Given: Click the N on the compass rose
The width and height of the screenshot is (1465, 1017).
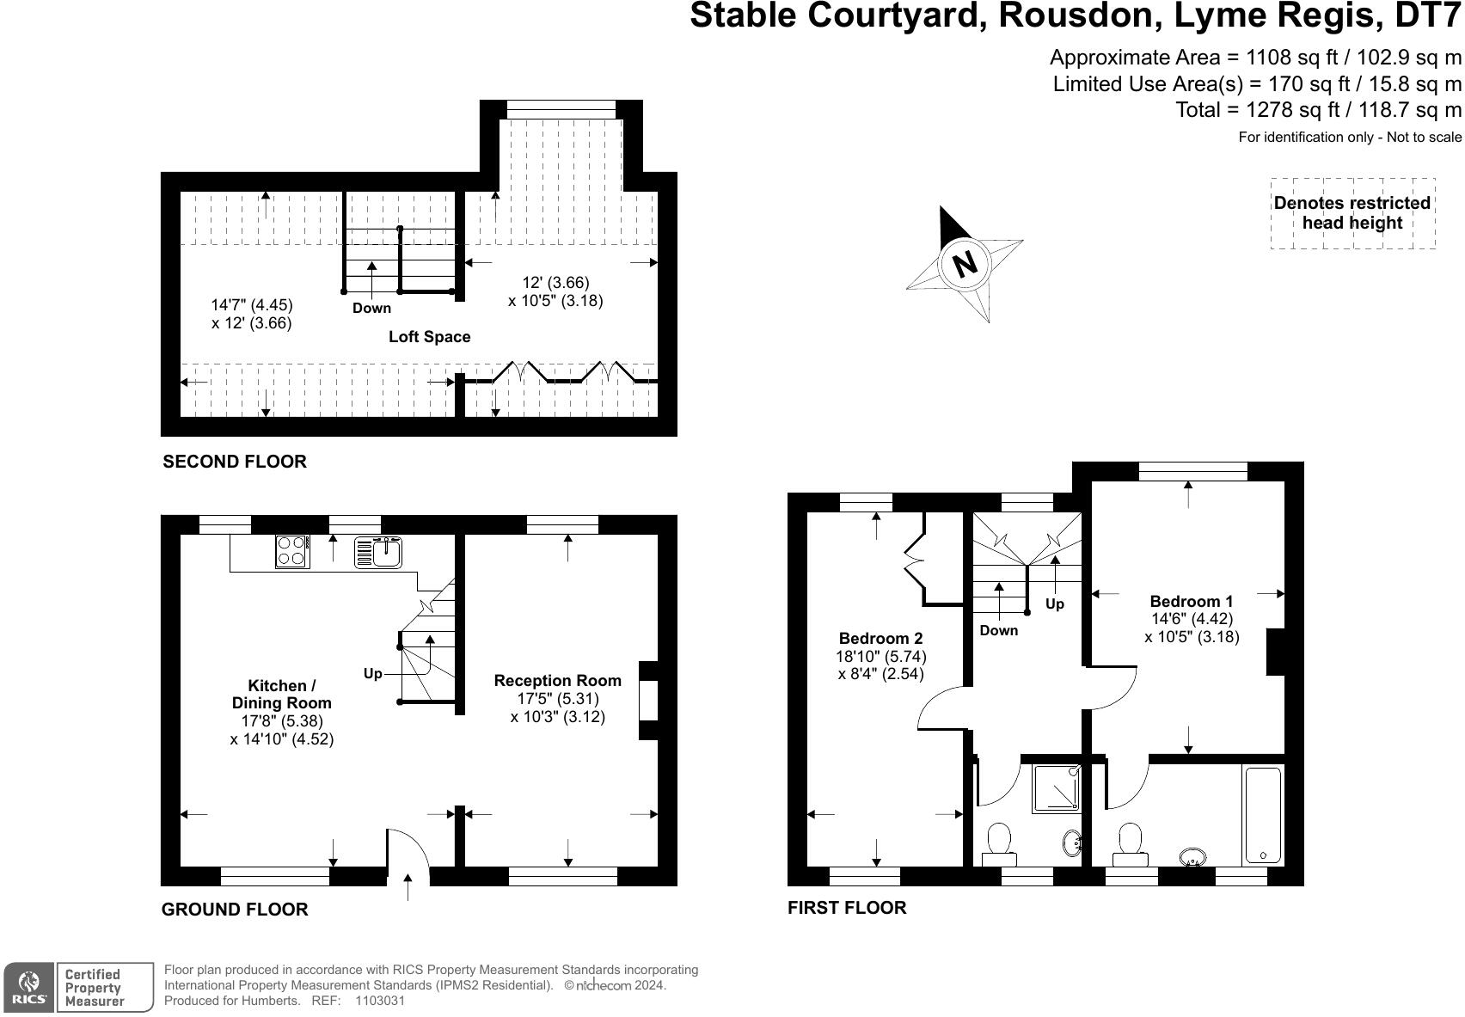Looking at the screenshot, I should [x=965, y=263].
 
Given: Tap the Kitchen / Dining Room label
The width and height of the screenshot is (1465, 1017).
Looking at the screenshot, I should [x=281, y=695].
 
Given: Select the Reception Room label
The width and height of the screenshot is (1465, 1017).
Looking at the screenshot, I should [x=557, y=681].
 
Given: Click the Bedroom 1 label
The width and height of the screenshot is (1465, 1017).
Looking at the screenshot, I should [x=1191, y=602].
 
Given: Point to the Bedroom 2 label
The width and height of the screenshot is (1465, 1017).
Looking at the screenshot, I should [x=880, y=639].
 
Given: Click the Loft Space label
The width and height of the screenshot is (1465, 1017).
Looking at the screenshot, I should [x=429, y=337].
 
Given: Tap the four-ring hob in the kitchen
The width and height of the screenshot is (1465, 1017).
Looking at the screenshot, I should [x=292, y=552].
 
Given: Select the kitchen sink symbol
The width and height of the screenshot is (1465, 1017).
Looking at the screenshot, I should [x=378, y=552].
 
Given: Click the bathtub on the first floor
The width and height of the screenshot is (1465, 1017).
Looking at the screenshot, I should [x=1262, y=815].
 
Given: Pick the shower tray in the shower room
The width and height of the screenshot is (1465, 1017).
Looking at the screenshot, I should [x=1056, y=788].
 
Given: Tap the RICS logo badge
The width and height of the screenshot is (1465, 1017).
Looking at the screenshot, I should [x=29, y=988].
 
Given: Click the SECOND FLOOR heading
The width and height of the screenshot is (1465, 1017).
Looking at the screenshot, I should [x=235, y=462].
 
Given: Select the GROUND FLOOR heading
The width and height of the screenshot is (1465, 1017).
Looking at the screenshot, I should [x=235, y=910].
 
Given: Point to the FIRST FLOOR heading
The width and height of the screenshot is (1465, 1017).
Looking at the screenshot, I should [x=847, y=908].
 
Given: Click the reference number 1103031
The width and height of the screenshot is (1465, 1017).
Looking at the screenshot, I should [x=379, y=1001].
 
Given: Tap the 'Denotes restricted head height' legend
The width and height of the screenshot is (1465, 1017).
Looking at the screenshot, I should [x=1352, y=213].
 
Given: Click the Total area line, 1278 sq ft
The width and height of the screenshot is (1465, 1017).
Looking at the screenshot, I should [x=1318, y=110].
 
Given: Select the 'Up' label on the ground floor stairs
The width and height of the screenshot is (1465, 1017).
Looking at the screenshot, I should [x=372, y=674].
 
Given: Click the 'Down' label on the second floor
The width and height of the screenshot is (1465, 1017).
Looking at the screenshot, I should [x=371, y=309].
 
